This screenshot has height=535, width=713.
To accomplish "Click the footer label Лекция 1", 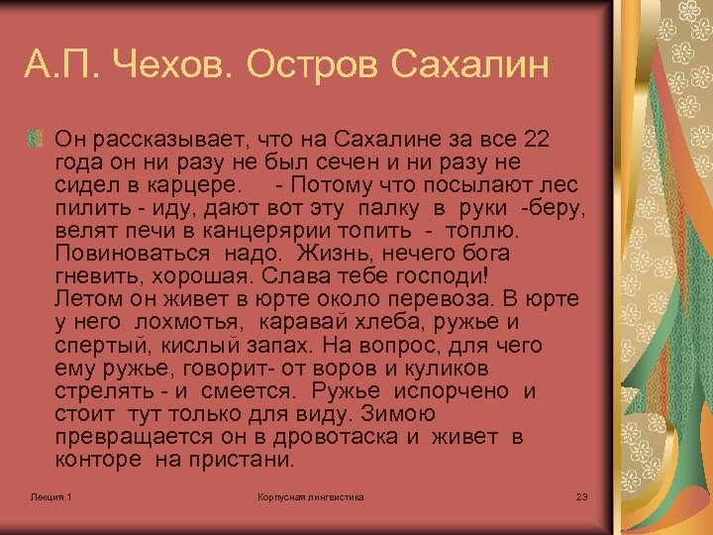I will pos(51,495).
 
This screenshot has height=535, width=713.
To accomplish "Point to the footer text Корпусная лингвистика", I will pos(310,495).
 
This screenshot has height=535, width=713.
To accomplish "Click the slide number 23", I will pos(581,495).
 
